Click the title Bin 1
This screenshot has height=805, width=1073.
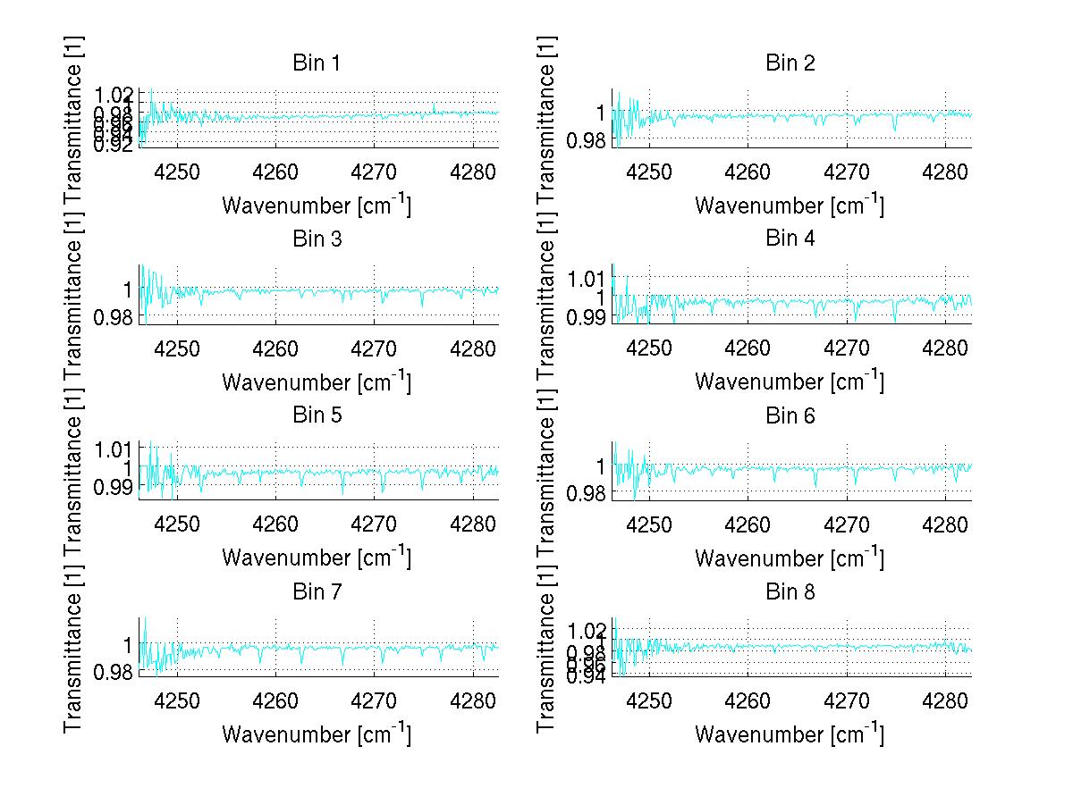(x=317, y=63)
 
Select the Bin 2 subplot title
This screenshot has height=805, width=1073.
(x=790, y=63)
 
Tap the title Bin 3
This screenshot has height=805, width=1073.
(x=317, y=239)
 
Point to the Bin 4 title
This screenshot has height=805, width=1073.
(x=790, y=239)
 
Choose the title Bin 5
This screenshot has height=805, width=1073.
(x=317, y=415)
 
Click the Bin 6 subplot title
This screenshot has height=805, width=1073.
(x=790, y=415)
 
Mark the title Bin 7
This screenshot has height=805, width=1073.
(x=317, y=591)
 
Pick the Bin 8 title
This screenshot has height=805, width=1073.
(x=790, y=591)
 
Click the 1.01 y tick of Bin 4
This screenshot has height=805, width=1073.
(x=587, y=278)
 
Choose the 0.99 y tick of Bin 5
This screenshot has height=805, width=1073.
(x=114, y=486)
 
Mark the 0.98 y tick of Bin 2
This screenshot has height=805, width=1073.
(x=587, y=140)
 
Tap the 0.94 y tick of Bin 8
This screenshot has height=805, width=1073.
(x=587, y=676)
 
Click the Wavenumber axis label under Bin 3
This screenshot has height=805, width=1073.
(x=317, y=382)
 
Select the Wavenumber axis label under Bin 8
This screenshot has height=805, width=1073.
(x=790, y=734)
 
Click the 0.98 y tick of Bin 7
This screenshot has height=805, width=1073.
(x=114, y=671)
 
